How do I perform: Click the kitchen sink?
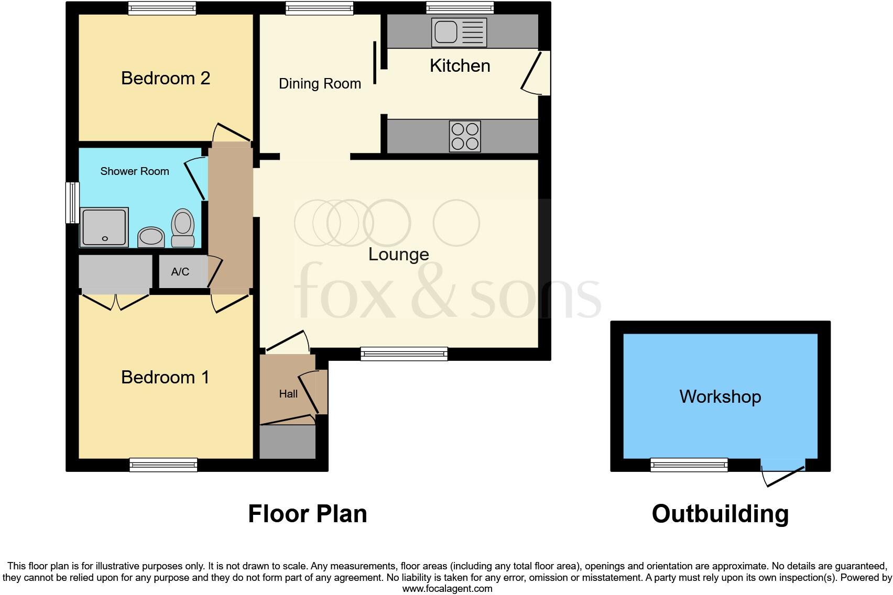point(459,32)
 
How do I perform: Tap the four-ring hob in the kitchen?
point(465,136)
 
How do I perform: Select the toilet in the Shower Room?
point(182,228)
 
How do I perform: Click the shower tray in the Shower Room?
point(104,227)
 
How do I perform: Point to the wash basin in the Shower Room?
point(151,237)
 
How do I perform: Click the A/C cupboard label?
point(180,272)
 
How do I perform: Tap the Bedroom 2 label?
point(166,78)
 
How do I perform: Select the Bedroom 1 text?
point(165,377)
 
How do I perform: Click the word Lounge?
point(399,255)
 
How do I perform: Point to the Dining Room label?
point(320,84)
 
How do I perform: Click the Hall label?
point(288,394)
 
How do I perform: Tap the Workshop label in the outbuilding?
point(721,396)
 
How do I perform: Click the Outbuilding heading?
point(721,514)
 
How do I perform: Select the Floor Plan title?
point(308,514)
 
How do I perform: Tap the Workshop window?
point(689,465)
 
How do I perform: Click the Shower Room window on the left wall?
point(72,203)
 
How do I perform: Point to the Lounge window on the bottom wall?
point(404,354)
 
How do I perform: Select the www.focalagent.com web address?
point(448,589)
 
